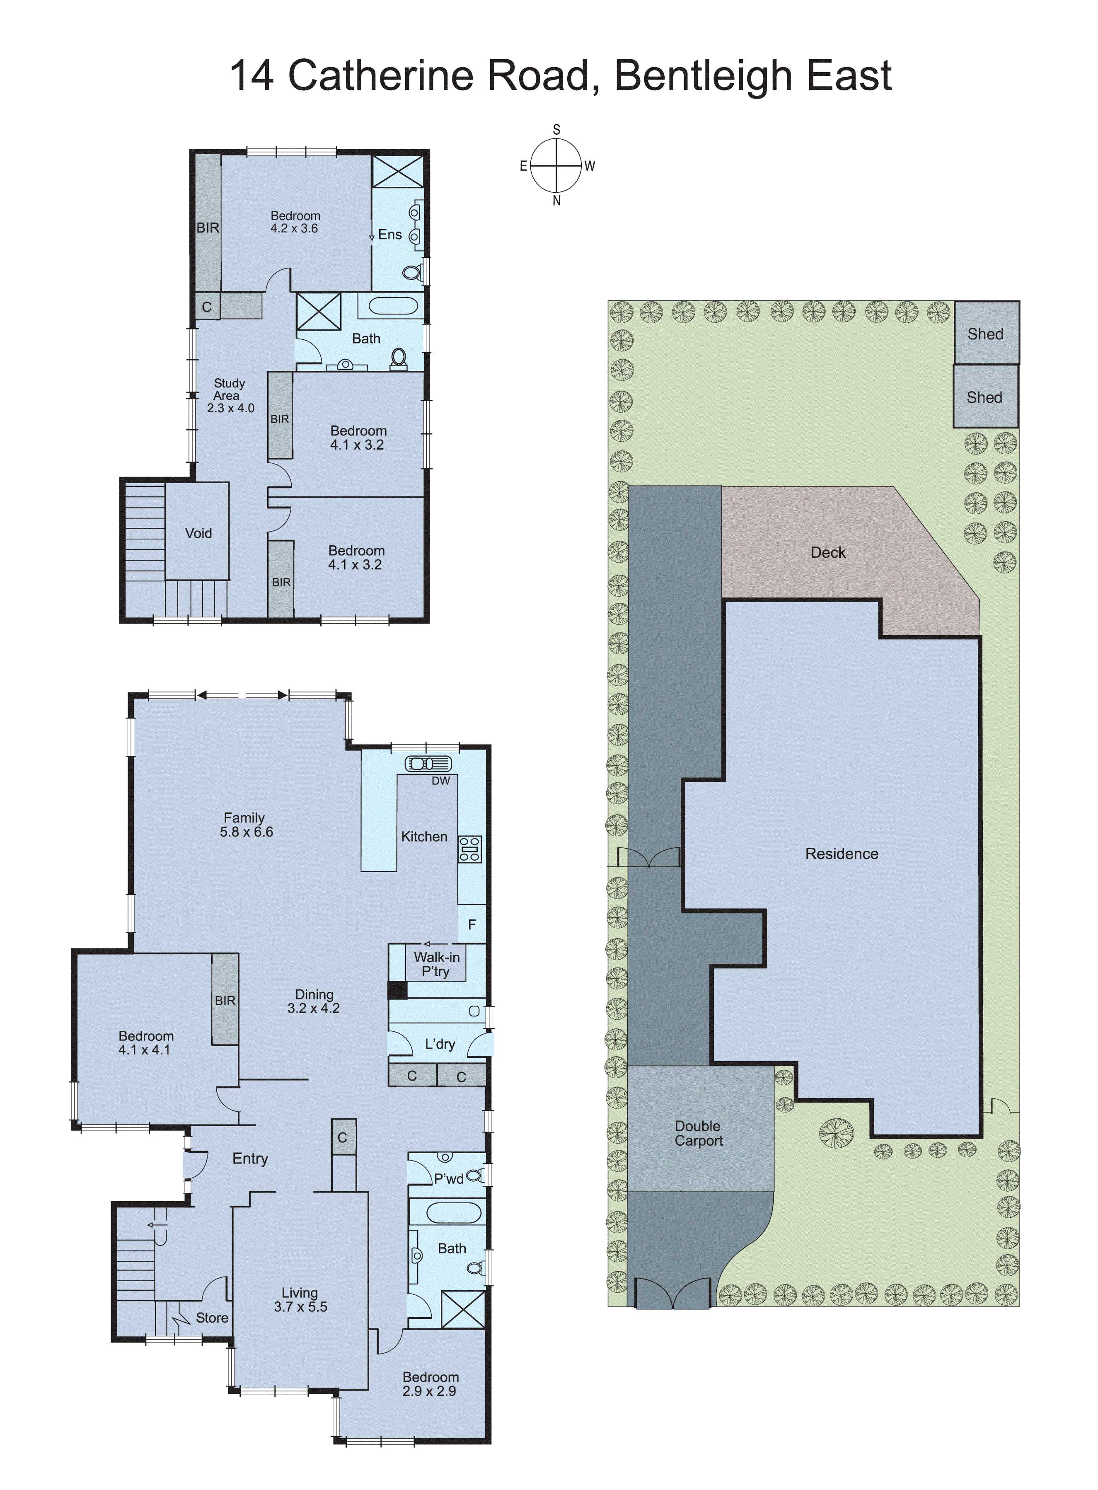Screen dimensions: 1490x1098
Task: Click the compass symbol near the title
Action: tap(556, 165)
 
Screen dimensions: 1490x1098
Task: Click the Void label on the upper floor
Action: tap(198, 533)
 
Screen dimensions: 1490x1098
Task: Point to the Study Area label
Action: tap(229, 389)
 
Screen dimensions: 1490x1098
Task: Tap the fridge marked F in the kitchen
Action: tap(472, 924)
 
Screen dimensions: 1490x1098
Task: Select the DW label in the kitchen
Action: tap(441, 781)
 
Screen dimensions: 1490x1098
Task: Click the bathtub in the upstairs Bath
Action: tap(393, 306)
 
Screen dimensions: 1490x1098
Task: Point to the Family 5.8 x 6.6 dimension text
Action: tap(247, 832)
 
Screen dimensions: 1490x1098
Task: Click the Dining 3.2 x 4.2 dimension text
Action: tap(313, 1008)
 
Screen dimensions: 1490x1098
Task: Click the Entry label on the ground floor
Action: tap(250, 1159)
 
